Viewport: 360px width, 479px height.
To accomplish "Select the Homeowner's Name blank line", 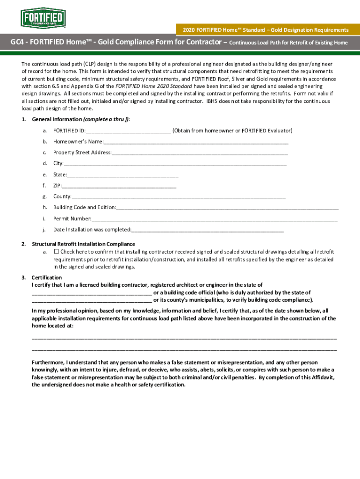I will click(x=196, y=142).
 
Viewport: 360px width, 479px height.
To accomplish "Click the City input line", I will click(x=175, y=164).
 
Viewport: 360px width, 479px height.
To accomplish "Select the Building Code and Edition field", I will click(x=227, y=208).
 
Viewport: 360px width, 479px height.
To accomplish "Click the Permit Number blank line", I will click(x=215, y=219).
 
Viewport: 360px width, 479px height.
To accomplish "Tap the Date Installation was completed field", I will click(x=208, y=230).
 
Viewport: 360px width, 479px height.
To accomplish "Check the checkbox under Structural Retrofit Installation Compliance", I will click(x=57, y=252).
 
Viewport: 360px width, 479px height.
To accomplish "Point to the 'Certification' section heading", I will click(x=46, y=278).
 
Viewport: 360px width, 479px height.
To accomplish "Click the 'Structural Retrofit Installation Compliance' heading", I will click(x=83, y=244).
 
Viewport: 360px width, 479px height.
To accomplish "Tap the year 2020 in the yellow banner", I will click(x=184, y=30).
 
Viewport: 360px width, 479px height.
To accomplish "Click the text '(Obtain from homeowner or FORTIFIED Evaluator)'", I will click(x=232, y=131).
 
